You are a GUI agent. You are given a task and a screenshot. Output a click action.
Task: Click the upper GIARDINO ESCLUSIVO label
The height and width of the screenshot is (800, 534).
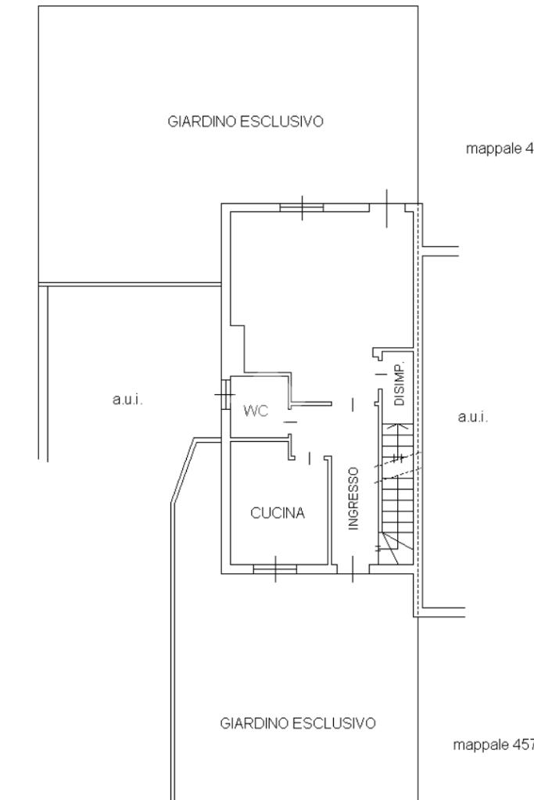(x=245, y=121)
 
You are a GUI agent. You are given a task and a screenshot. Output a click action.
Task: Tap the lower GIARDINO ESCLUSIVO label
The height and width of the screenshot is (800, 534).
(x=298, y=723)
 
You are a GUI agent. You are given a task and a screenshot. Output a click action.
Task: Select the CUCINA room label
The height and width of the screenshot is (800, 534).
(x=278, y=513)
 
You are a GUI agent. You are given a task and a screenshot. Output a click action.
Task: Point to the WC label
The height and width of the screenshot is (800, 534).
(x=256, y=411)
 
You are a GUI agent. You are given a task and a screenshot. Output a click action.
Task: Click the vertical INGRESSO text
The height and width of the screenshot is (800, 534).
(x=353, y=498)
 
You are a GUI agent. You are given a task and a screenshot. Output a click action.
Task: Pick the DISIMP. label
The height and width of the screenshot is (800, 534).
(x=400, y=384)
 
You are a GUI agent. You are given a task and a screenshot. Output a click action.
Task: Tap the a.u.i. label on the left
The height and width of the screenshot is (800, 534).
(x=127, y=400)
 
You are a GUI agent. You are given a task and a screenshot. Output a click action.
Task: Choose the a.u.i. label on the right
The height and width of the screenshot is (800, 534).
(x=473, y=417)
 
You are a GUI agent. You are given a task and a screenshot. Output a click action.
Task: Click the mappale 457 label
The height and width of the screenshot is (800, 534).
(x=493, y=745)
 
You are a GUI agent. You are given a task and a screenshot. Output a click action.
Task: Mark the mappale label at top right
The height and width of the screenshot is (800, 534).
(x=500, y=149)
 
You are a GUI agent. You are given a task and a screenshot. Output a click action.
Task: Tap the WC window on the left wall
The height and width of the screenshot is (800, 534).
(x=225, y=394)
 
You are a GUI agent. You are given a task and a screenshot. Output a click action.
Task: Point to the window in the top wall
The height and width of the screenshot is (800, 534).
(x=302, y=208)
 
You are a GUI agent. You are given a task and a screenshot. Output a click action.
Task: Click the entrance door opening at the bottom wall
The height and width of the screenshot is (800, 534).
(x=353, y=569)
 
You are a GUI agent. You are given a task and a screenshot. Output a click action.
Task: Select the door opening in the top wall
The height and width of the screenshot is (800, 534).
(x=387, y=208)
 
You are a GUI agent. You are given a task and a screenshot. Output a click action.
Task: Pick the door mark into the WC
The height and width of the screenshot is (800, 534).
(x=290, y=422)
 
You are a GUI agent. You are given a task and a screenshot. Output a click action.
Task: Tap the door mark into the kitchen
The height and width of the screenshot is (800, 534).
(x=310, y=458)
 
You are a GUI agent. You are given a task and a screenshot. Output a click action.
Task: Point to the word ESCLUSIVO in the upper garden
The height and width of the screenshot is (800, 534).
(x=282, y=121)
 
